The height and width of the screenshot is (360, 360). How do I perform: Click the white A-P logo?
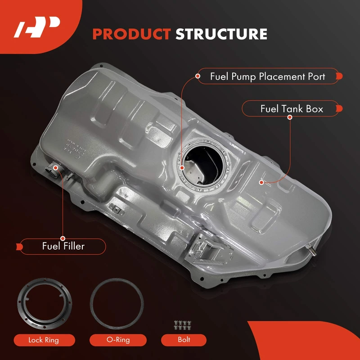(x=37, y=27)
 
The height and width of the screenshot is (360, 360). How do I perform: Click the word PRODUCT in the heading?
(x=131, y=34)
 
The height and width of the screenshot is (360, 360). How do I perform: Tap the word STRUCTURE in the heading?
(x=221, y=34)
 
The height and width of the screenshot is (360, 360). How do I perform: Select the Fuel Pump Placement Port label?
(x=268, y=76)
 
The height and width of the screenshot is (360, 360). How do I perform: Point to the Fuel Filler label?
(x=63, y=246)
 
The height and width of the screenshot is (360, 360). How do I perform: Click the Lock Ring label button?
(x=44, y=340)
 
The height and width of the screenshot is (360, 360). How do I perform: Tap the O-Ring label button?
(x=118, y=340)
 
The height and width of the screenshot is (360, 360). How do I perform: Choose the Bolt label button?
(x=184, y=340)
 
